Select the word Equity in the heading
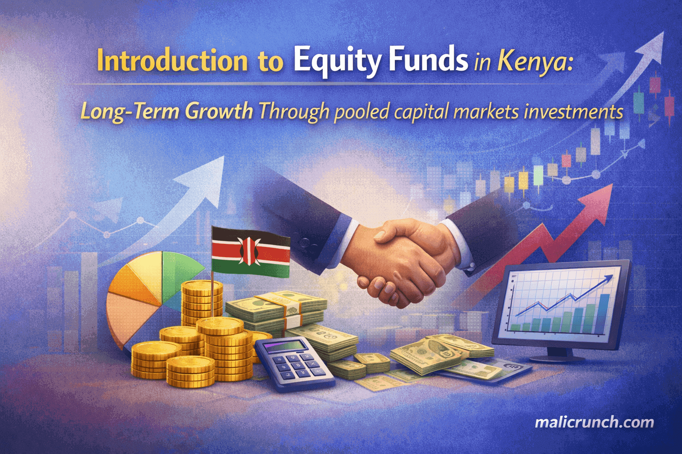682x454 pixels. coord(338,63)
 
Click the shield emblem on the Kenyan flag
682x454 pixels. coord(250,251)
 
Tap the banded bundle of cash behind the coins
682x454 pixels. coord(276,309)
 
